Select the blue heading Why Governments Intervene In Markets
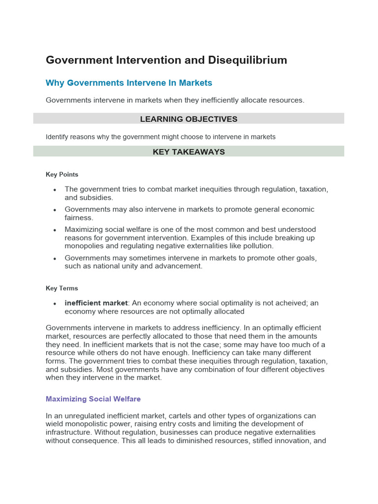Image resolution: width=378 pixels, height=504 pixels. tap(129, 83)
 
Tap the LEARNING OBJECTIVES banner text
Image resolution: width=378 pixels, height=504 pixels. tap(189, 119)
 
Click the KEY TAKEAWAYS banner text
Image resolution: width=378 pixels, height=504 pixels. tap(189, 152)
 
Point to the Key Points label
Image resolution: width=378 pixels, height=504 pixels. tap(62, 174)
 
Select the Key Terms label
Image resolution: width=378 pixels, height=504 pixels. tap(62, 288)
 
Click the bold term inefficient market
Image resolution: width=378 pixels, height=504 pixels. tap(96, 303)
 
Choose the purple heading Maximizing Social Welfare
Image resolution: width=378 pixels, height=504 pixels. tap(93, 399)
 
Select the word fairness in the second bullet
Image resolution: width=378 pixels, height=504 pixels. tap(79, 218)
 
